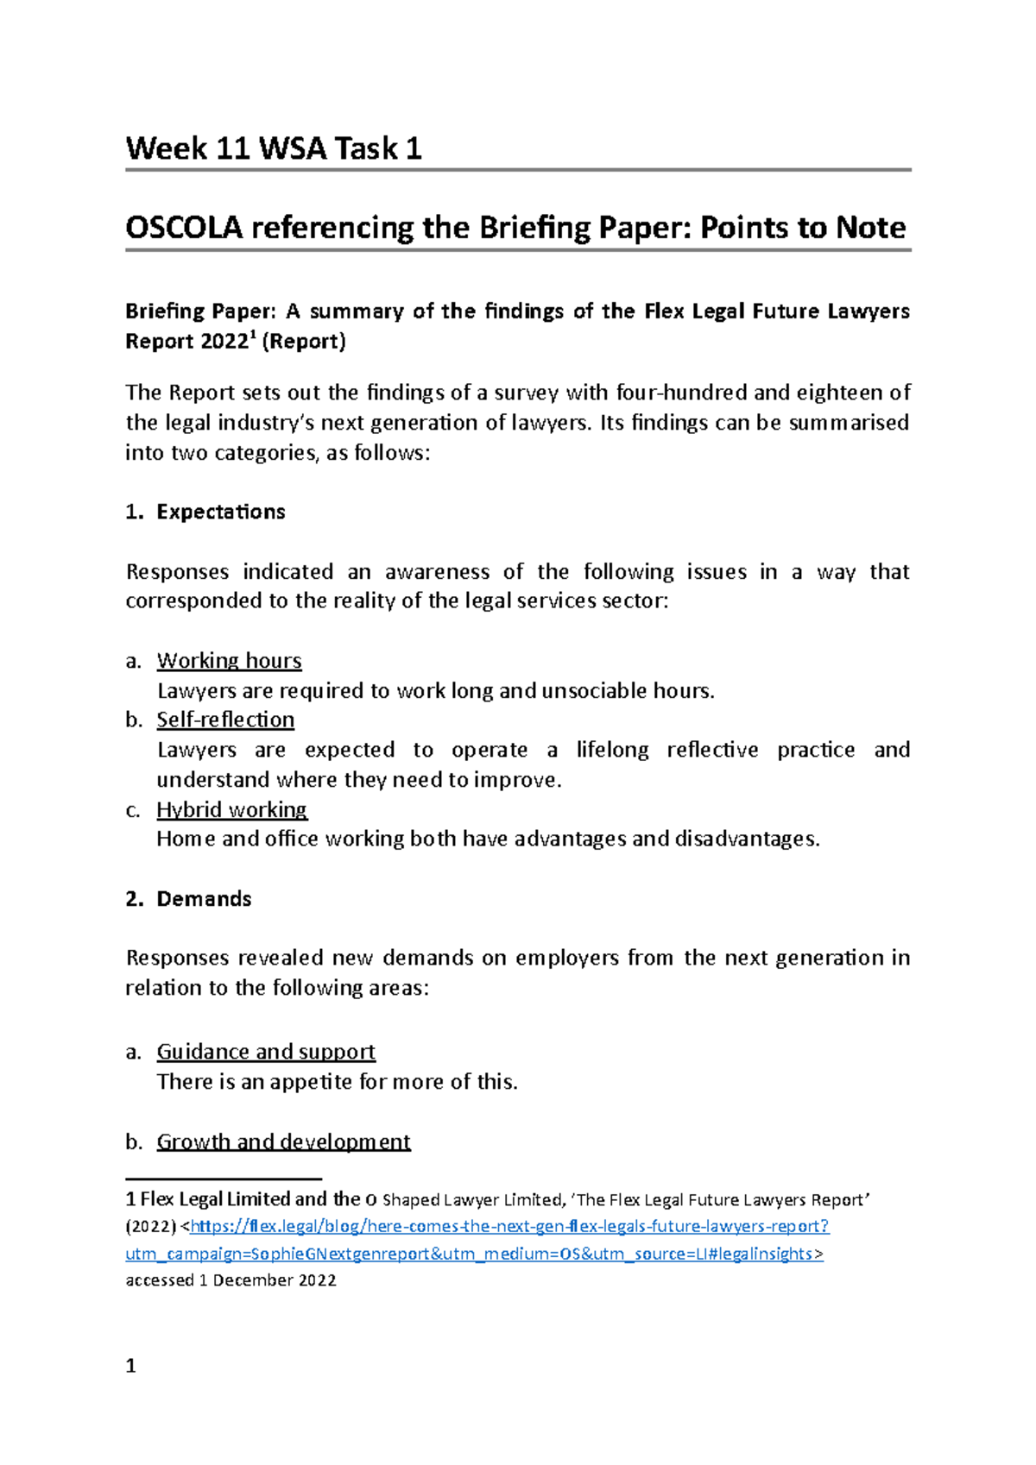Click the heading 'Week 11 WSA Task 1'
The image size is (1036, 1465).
pyautogui.click(x=273, y=148)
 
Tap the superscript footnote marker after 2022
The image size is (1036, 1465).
pyautogui.click(x=252, y=335)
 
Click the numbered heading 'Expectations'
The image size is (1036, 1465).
pyautogui.click(x=220, y=512)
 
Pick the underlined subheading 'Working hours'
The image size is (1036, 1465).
pyautogui.click(x=229, y=661)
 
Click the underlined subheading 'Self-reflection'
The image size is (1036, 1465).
pyautogui.click(x=225, y=720)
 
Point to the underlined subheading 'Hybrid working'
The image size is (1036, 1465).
pyautogui.click(x=231, y=809)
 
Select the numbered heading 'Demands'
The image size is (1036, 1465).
pyautogui.click(x=204, y=899)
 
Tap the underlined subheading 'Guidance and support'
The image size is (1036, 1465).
pyautogui.click(x=266, y=1052)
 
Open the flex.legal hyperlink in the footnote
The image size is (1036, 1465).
pyautogui.click(x=509, y=1226)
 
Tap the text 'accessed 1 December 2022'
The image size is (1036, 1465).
pyautogui.click(x=231, y=1280)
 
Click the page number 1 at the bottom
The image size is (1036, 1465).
pyautogui.click(x=130, y=1366)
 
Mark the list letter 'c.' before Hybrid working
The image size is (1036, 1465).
pyautogui.click(x=133, y=810)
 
